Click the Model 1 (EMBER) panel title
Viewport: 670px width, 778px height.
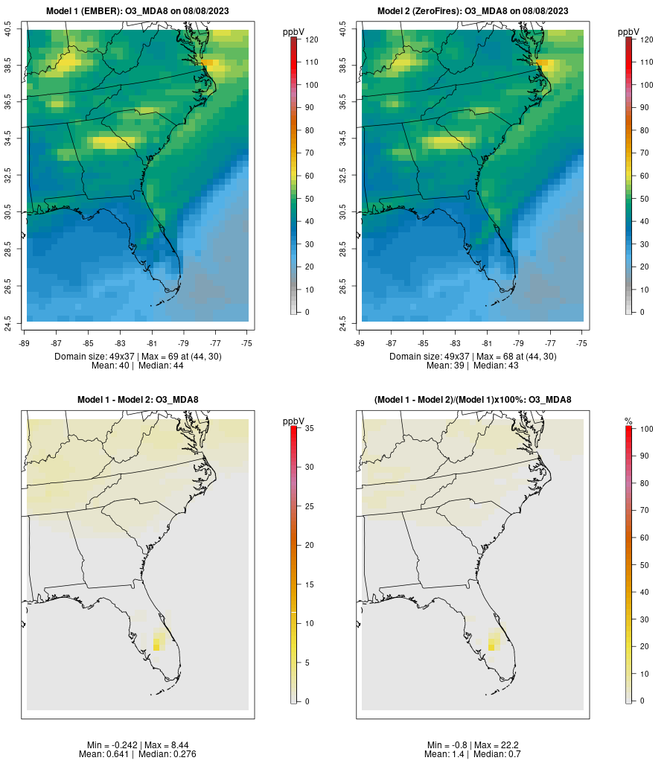click(x=138, y=11)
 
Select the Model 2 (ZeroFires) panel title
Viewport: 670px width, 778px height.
click(x=473, y=11)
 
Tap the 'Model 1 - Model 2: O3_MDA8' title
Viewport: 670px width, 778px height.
click(x=138, y=400)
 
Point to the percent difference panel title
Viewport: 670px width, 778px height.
click(x=473, y=400)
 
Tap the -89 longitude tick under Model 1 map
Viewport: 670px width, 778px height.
click(x=26, y=343)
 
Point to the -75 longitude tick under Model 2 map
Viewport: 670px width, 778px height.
click(x=582, y=343)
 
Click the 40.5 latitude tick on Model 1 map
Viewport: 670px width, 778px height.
click(x=9, y=30)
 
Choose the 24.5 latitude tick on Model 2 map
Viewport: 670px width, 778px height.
click(x=344, y=322)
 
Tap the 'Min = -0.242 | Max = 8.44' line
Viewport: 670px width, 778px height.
click(x=138, y=745)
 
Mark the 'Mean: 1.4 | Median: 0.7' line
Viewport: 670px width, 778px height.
click(x=473, y=754)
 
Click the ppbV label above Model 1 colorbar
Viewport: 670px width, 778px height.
click(x=294, y=32)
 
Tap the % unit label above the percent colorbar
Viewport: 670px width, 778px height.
click(x=628, y=421)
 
